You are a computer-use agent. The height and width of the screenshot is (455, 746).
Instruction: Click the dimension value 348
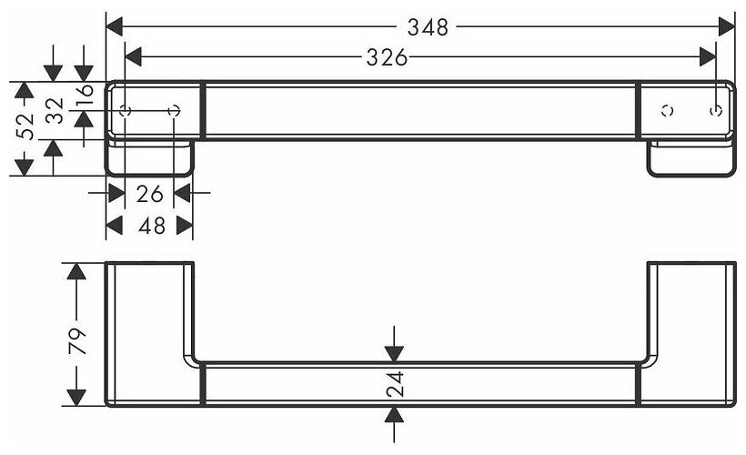tap(428, 27)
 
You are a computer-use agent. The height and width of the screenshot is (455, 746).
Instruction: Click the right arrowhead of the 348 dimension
tap(726, 27)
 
